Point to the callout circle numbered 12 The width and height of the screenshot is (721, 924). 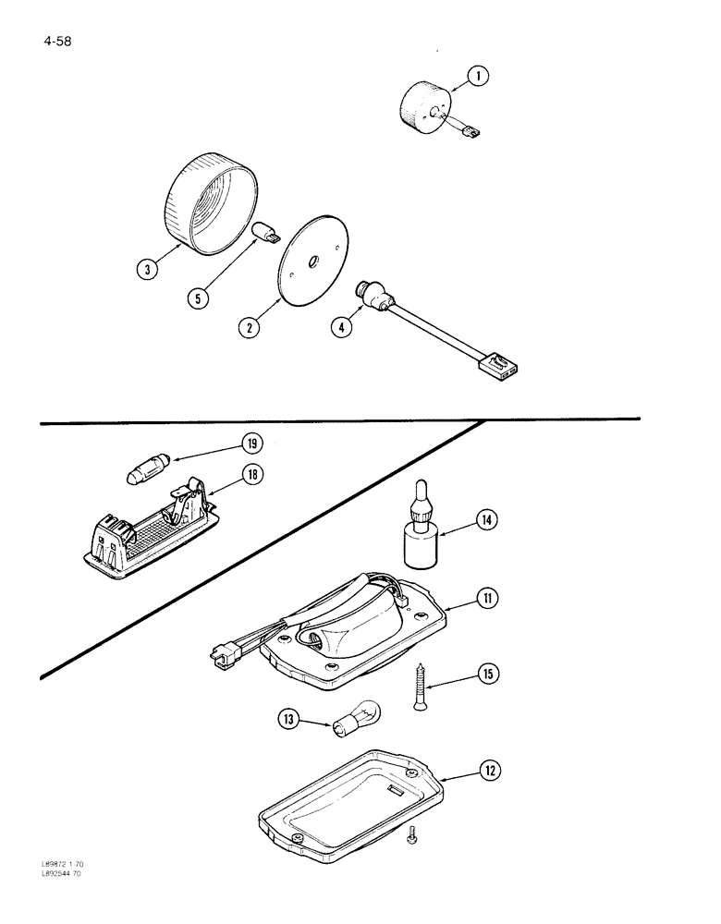(x=490, y=769)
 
